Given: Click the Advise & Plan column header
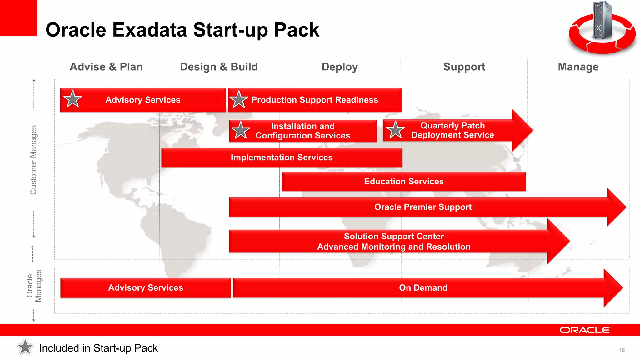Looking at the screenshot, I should (x=106, y=67).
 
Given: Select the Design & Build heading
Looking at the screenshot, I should (x=219, y=67).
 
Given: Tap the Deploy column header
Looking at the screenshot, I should (x=340, y=67).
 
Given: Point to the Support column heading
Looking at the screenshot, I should (x=464, y=67).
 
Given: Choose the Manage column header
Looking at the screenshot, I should (x=578, y=67).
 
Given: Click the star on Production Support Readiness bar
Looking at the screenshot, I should (x=239, y=99).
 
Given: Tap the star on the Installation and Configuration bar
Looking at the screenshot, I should (x=240, y=130).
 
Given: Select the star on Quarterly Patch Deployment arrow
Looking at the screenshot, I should (x=395, y=130).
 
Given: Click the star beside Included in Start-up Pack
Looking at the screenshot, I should (x=25, y=347).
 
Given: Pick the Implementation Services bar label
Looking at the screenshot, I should (x=282, y=157).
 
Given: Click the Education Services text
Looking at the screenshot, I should (x=404, y=182).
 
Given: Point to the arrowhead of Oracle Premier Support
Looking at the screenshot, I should (x=616, y=207).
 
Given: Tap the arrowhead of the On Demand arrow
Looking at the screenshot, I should (x=612, y=288).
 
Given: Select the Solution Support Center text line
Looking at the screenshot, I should (x=394, y=237).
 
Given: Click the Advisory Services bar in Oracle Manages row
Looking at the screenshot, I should (x=146, y=288).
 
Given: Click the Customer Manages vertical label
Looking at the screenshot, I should (x=33, y=160).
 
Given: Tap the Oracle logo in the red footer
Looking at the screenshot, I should (x=585, y=330).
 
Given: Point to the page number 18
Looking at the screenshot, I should (x=622, y=350).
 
